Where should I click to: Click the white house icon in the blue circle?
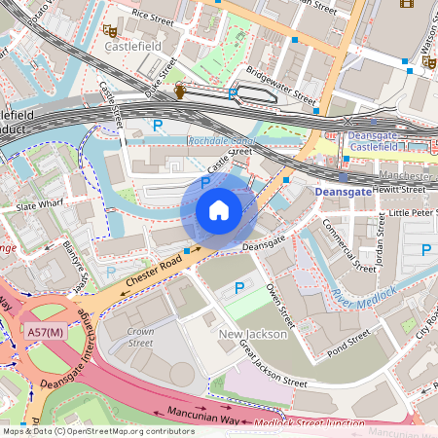pyautogui.click(x=218, y=210)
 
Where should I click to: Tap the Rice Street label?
pyautogui.click(x=152, y=16)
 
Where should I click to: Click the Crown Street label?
pyautogui.click(x=140, y=337)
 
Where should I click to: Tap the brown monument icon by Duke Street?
pyautogui.click(x=180, y=91)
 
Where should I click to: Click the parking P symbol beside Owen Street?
pyautogui.click(x=240, y=288)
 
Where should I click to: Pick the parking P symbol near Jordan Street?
pyautogui.click(x=425, y=250)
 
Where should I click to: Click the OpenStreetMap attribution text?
pyautogui.click(x=97, y=430)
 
